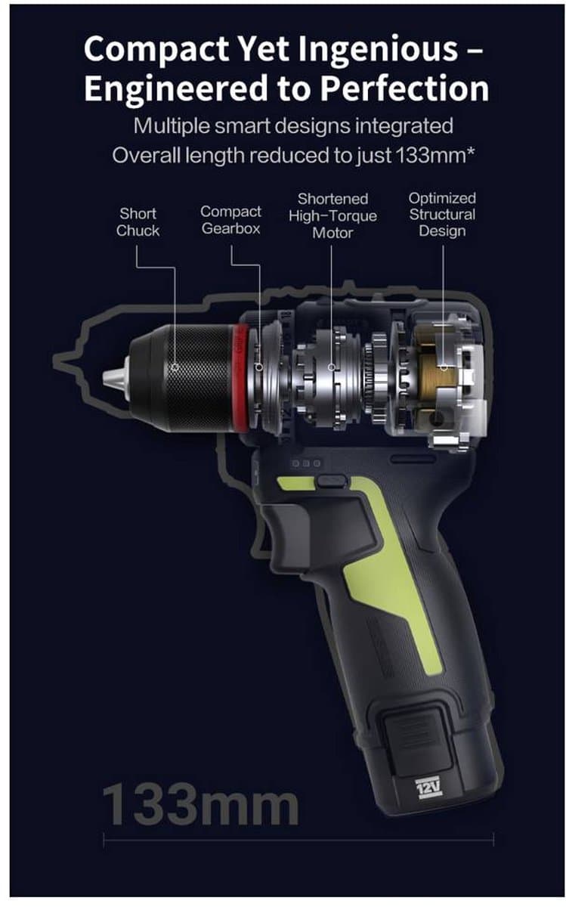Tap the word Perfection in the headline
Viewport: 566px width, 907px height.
[x=404, y=88]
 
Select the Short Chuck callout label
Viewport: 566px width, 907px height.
[x=138, y=222]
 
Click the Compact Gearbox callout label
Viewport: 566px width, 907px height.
[x=230, y=220]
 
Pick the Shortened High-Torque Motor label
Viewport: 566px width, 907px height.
[x=332, y=216]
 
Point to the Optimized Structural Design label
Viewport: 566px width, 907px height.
[x=442, y=215]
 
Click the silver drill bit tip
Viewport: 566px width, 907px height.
[x=116, y=379]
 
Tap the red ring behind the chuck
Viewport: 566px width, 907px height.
[x=240, y=378]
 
